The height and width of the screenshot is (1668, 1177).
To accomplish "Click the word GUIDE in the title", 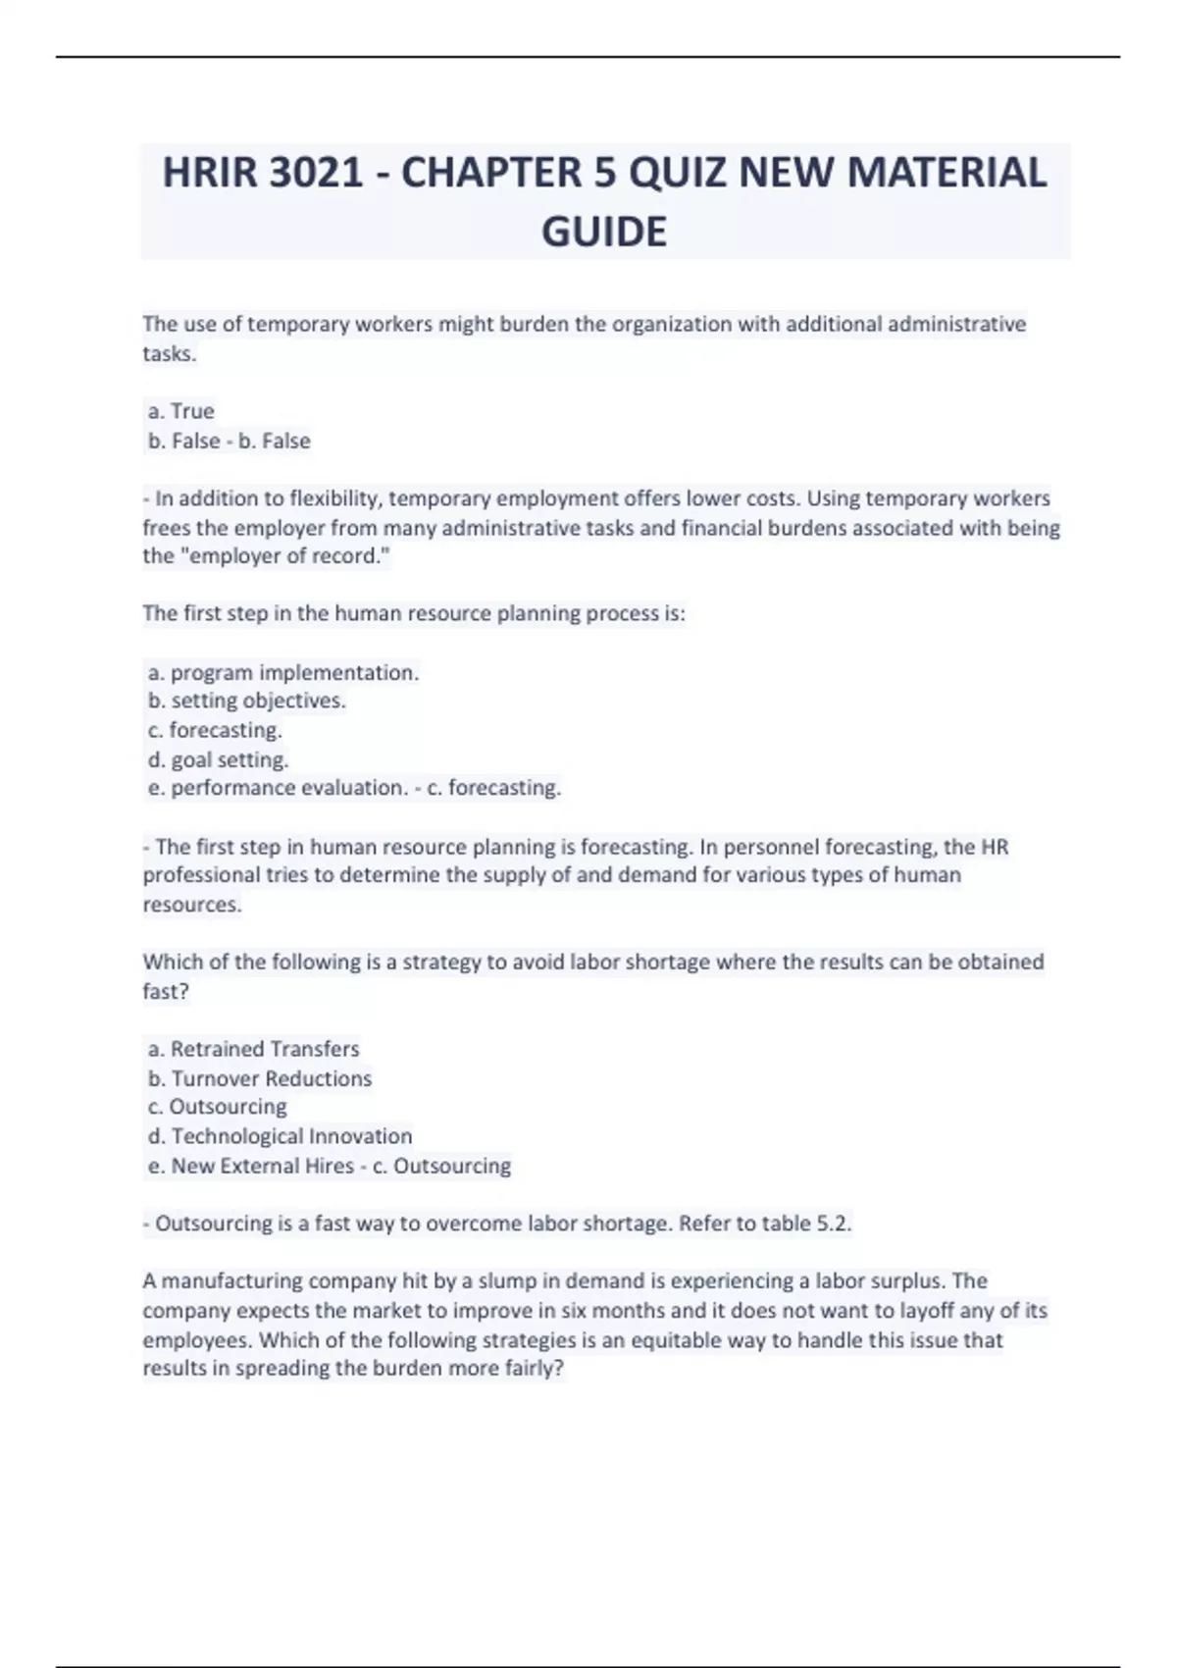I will tap(604, 233).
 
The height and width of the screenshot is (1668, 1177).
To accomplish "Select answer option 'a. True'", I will tap(181, 411).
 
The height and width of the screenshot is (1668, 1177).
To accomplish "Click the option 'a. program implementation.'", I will tap(283, 673).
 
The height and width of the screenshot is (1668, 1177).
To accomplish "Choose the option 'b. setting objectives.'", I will tap(247, 701).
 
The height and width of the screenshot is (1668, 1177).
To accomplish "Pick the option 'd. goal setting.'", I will tap(218, 759).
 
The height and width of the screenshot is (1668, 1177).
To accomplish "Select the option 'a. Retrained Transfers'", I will tap(254, 1049).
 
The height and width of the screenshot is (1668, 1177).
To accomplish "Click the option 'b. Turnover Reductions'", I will tap(260, 1078).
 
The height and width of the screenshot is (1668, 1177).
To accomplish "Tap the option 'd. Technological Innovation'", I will tap(280, 1136).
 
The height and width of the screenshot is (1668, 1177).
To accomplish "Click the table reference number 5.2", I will tap(834, 1224).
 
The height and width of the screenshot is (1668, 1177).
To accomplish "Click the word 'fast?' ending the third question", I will tap(166, 991).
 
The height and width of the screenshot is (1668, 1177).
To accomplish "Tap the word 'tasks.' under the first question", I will tap(170, 353).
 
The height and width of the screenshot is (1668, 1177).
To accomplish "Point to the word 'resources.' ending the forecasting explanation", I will tap(192, 905).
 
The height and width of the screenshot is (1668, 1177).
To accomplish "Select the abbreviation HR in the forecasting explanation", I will tap(995, 847).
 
